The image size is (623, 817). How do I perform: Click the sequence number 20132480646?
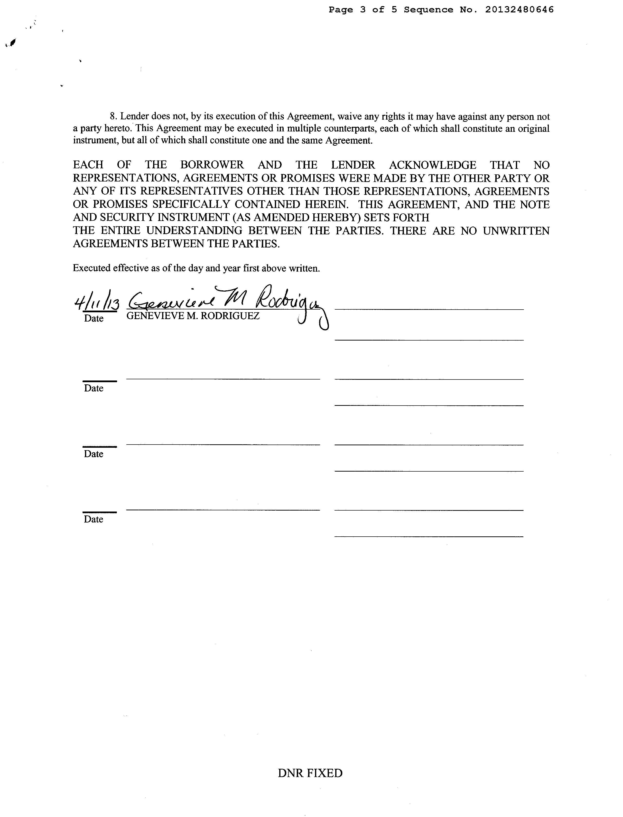tap(519, 10)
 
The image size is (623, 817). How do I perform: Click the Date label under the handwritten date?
tap(94, 319)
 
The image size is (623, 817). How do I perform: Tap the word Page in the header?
tap(340, 10)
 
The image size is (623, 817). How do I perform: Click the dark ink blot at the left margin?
tap(13, 43)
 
